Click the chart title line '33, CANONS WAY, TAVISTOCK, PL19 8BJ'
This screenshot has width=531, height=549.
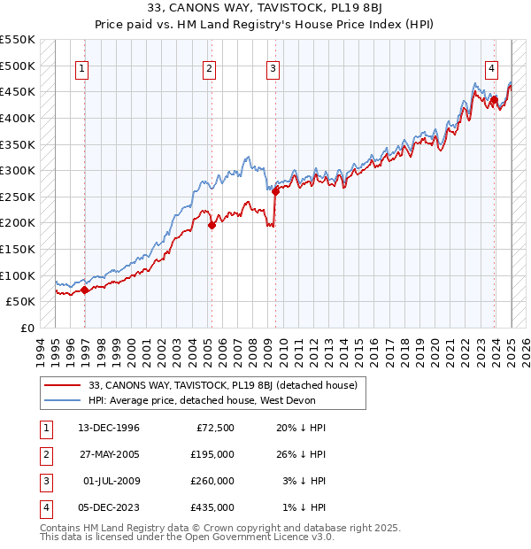[265, 10]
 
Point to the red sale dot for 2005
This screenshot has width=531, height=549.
[212, 225]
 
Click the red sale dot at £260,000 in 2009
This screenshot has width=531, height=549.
[275, 190]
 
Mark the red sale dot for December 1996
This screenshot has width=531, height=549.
[84, 290]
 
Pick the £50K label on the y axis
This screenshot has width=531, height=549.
[21, 301]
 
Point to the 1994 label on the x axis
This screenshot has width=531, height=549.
[40, 349]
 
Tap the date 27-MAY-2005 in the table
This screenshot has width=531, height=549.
[109, 454]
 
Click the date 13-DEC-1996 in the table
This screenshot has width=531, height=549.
[109, 428]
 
